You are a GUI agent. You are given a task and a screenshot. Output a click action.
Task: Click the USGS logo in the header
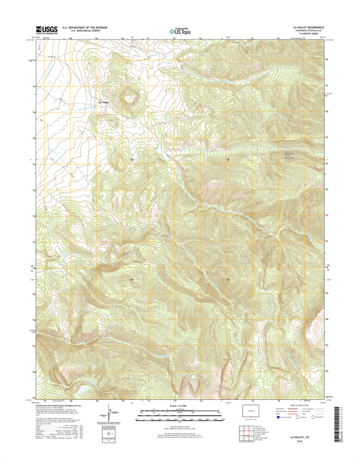[x=44, y=30]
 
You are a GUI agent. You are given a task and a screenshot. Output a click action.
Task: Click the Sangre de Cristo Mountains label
[x=289, y=155]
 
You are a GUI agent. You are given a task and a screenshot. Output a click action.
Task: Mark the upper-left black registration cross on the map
[x=132, y=160]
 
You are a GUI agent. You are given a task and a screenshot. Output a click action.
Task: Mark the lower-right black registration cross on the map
[x=228, y=279]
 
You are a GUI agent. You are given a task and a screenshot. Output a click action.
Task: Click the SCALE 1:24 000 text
[x=179, y=406]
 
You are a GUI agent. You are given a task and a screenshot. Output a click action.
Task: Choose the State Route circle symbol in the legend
[x=314, y=418]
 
